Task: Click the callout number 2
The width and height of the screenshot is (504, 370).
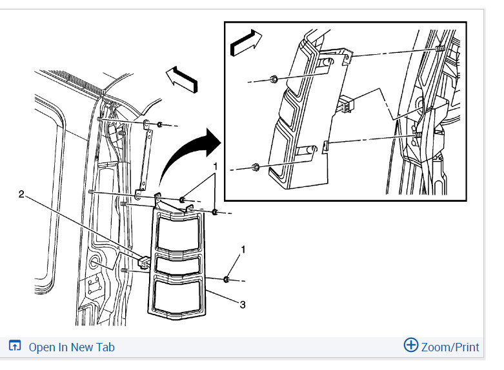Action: tap(21, 194)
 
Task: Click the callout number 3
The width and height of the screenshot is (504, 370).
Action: tap(243, 304)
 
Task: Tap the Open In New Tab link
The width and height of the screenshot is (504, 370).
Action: tap(72, 347)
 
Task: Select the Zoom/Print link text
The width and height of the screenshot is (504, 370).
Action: tap(450, 347)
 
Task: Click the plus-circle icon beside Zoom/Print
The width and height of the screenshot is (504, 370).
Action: tap(411, 345)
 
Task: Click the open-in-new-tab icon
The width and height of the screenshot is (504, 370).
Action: tap(15, 346)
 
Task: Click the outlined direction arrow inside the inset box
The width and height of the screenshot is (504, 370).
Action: tap(247, 43)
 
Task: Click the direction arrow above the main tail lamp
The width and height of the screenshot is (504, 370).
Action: tap(182, 79)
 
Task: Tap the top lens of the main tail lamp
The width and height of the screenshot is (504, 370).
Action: tap(177, 232)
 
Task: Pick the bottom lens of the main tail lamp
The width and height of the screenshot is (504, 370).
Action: tap(177, 296)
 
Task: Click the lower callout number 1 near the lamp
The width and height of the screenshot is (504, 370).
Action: tap(243, 249)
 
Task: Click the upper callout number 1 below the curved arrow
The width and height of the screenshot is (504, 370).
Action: tap(216, 166)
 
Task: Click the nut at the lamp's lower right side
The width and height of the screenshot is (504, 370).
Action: tap(227, 279)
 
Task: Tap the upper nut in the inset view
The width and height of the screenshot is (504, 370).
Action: tap(274, 79)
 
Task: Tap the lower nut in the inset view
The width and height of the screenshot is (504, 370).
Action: tap(255, 167)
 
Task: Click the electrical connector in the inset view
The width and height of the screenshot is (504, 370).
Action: tap(346, 104)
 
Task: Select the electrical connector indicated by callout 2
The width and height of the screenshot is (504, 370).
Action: tap(144, 262)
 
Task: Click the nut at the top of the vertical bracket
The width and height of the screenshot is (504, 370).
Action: tap(160, 124)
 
